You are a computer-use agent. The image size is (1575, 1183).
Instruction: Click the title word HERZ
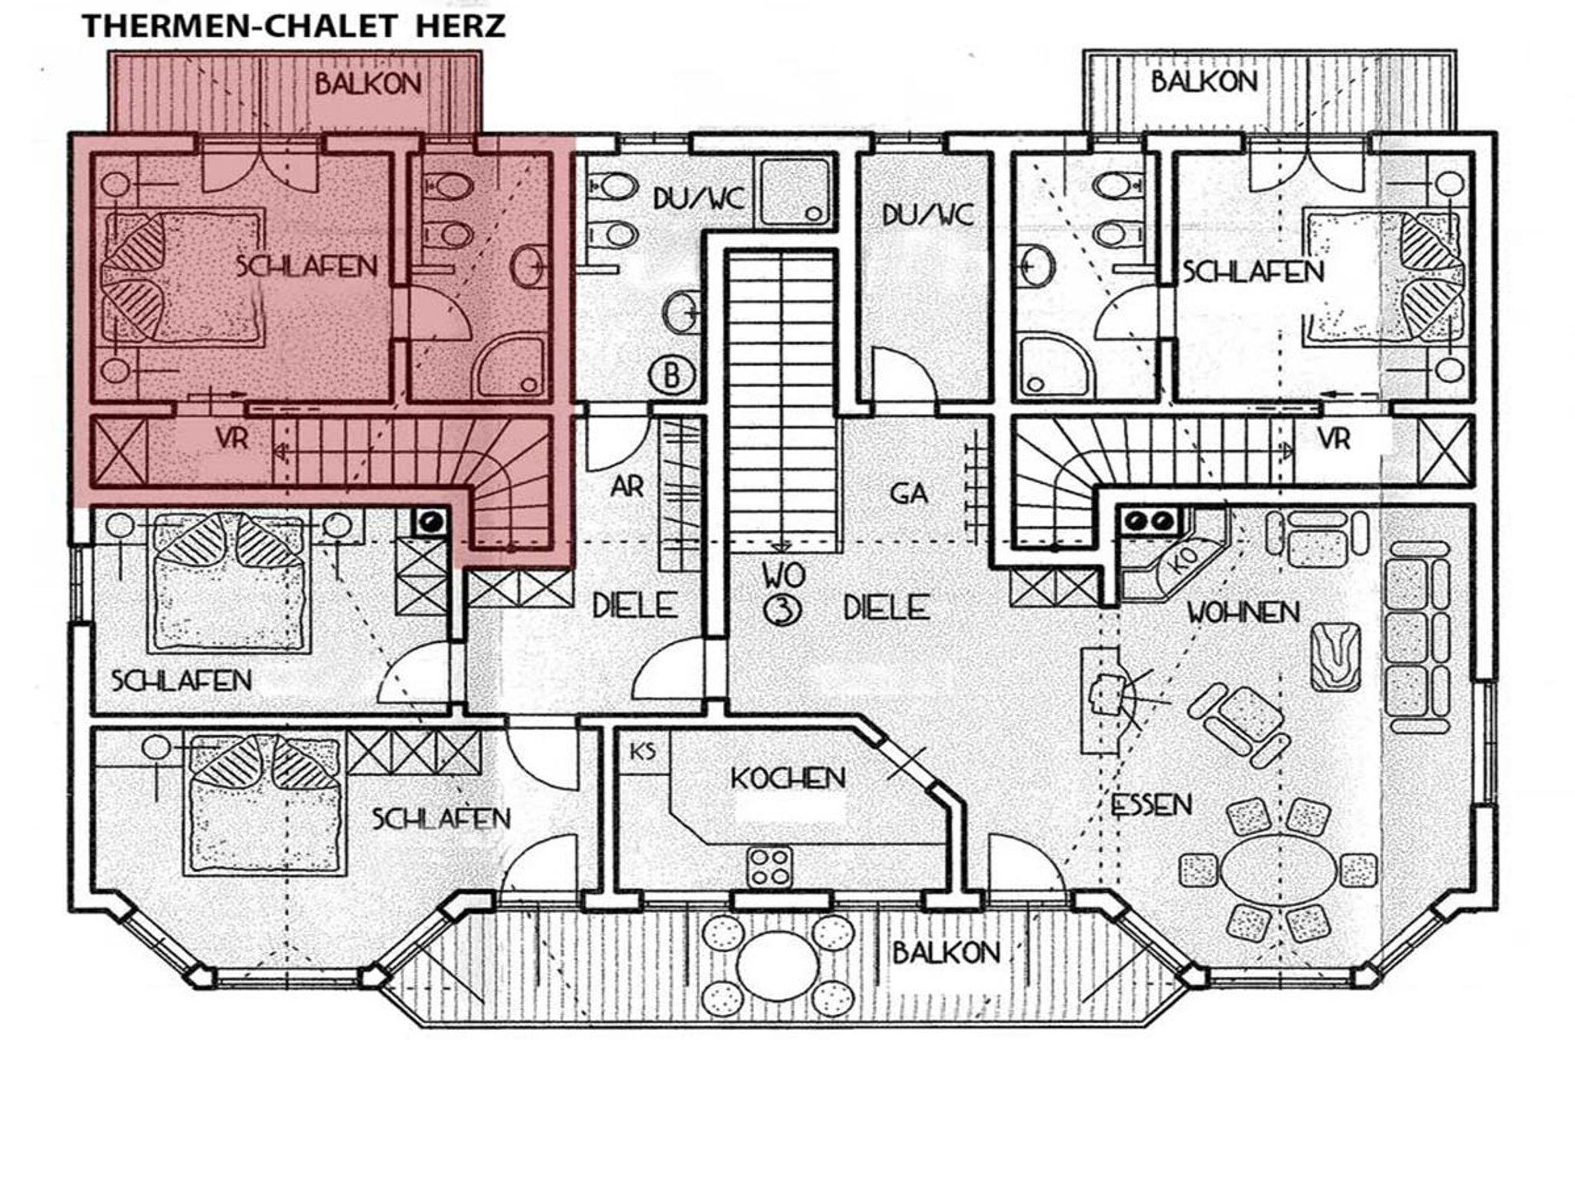460,26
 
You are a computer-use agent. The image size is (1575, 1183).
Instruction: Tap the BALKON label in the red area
368,83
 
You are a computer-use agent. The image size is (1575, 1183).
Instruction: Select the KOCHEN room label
787,778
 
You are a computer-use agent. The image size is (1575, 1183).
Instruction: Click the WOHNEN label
1243,612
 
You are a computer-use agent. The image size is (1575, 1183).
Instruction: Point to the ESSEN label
1151,805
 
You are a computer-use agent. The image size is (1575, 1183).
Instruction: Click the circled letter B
672,376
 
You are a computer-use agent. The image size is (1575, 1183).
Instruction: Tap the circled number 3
782,610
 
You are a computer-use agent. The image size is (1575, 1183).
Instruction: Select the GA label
908,493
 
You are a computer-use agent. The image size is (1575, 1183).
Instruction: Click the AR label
628,487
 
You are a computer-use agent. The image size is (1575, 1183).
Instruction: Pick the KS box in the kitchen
643,751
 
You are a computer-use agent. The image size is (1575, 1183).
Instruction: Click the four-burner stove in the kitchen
770,867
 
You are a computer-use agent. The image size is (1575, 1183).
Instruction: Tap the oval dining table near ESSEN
1279,869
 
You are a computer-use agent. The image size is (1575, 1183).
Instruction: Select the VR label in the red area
231,438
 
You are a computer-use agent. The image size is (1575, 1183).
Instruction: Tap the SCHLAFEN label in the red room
307,267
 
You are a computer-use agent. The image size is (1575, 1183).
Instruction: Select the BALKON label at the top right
1204,82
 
